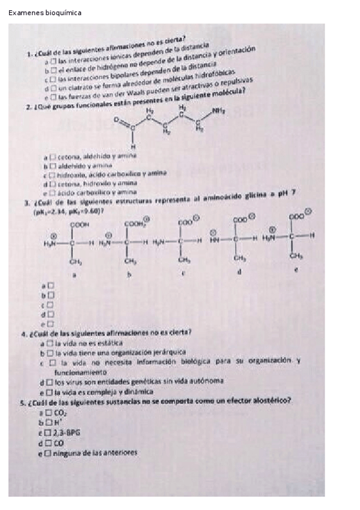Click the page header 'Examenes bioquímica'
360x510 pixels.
click(x=45, y=13)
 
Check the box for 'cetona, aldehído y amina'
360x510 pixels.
click(x=53, y=156)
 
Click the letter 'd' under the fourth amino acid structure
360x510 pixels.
click(x=239, y=272)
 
